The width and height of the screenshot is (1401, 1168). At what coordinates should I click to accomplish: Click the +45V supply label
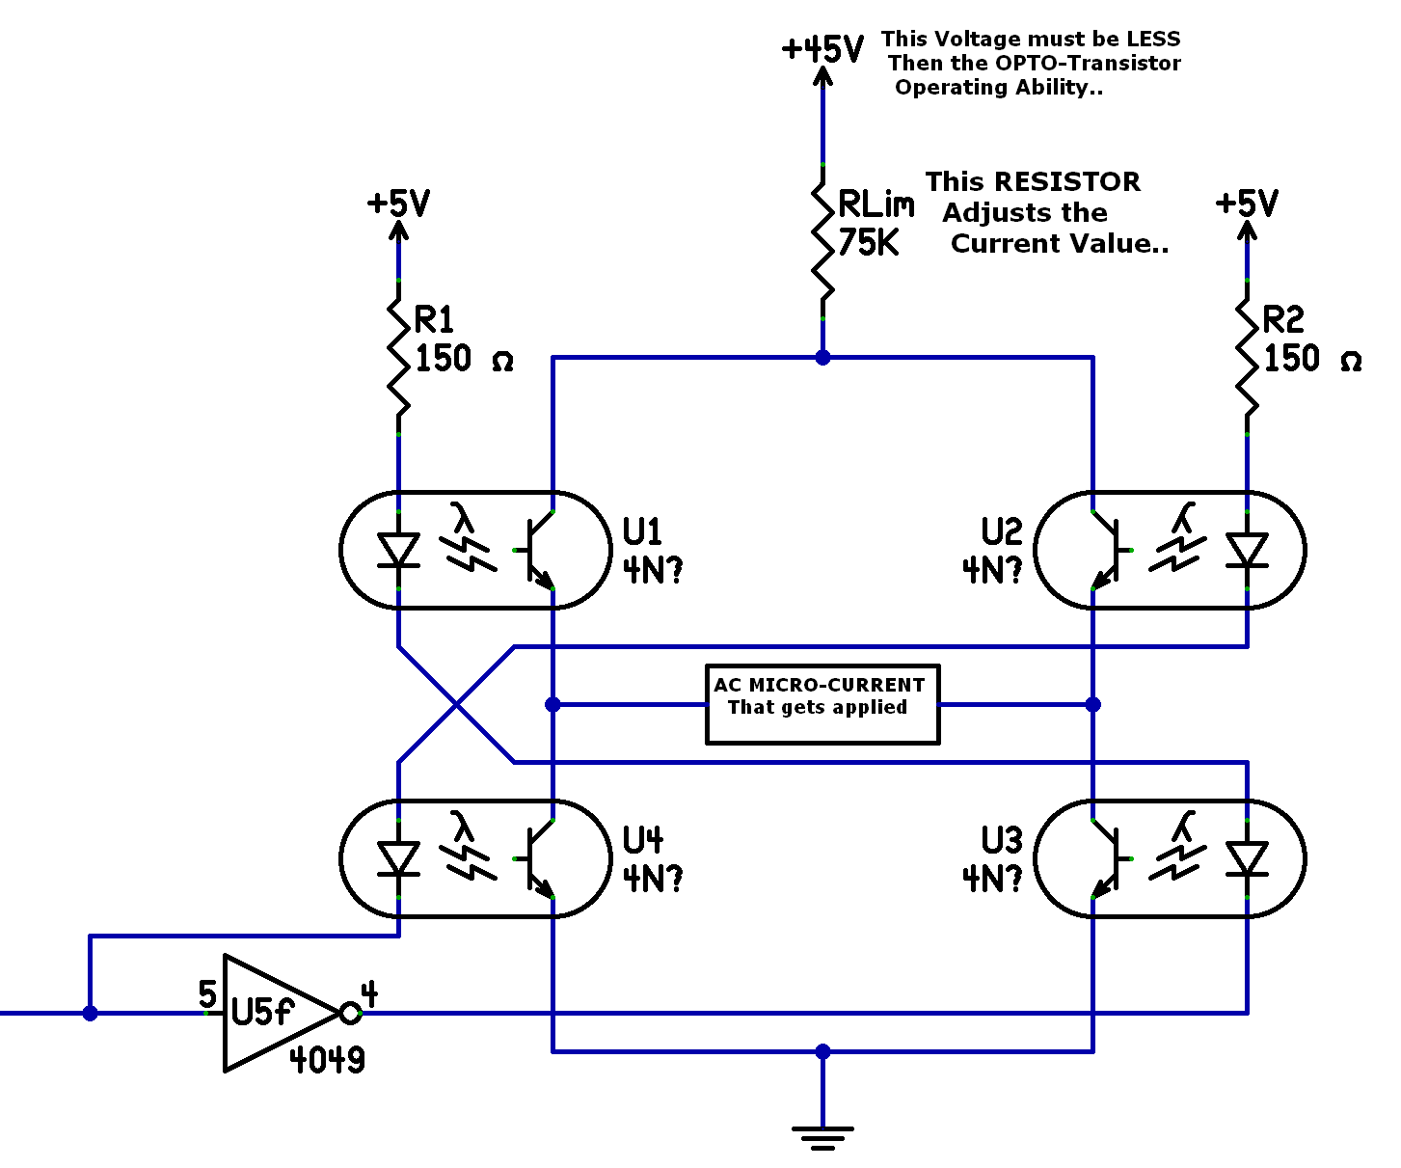[822, 48]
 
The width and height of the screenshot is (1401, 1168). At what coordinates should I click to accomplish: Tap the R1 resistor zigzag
[398, 357]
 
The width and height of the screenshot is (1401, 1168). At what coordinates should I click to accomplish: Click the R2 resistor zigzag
[1247, 357]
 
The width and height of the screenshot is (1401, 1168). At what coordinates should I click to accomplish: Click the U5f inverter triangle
[275, 1013]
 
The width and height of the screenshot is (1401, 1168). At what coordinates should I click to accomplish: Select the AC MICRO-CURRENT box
[822, 705]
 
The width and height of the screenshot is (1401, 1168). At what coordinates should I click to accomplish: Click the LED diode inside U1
[398, 551]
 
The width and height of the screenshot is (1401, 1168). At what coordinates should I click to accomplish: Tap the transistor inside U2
[1107, 551]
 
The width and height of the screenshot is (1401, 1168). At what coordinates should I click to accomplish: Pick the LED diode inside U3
[1247, 859]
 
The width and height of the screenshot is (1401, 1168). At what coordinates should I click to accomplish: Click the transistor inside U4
[538, 859]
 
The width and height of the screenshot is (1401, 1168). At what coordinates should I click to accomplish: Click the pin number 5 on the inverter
[207, 993]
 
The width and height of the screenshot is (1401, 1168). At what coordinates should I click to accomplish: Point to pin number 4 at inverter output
[369, 993]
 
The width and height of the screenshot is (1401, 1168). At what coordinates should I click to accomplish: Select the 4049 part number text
[328, 1060]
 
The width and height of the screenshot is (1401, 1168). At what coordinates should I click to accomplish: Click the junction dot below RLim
[822, 358]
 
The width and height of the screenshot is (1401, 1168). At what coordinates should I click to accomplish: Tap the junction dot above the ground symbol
[822, 1051]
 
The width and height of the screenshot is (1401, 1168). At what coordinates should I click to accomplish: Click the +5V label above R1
[398, 204]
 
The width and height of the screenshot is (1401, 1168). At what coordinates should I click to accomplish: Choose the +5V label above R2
[1247, 204]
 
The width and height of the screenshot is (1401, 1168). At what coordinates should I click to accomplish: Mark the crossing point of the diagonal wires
[456, 705]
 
